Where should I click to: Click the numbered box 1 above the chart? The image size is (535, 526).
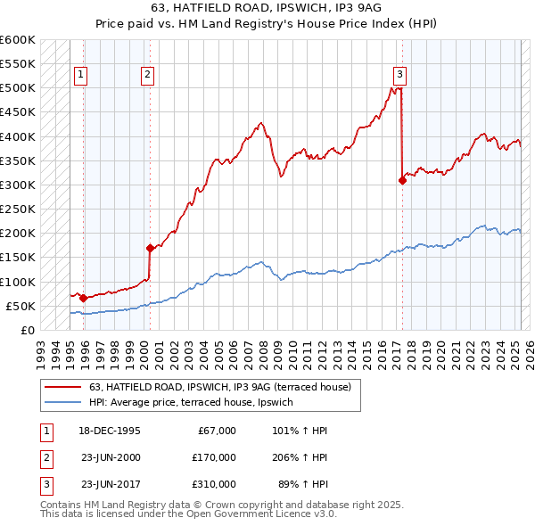tap(81, 75)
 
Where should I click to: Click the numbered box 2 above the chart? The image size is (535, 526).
tap(147, 75)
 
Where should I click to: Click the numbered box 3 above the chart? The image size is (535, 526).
tap(399, 75)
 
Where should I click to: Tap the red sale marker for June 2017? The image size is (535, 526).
tap(402, 180)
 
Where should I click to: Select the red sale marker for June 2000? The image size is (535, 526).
tap(150, 248)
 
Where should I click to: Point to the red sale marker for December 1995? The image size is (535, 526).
tap(83, 298)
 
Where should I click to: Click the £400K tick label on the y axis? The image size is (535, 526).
tap(18, 136)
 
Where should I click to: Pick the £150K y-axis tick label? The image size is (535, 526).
tap(18, 258)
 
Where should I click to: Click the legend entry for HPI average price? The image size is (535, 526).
tap(195, 403)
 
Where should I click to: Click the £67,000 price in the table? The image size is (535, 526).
tap(214, 431)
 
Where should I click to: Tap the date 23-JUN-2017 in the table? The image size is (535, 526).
tap(110, 484)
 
